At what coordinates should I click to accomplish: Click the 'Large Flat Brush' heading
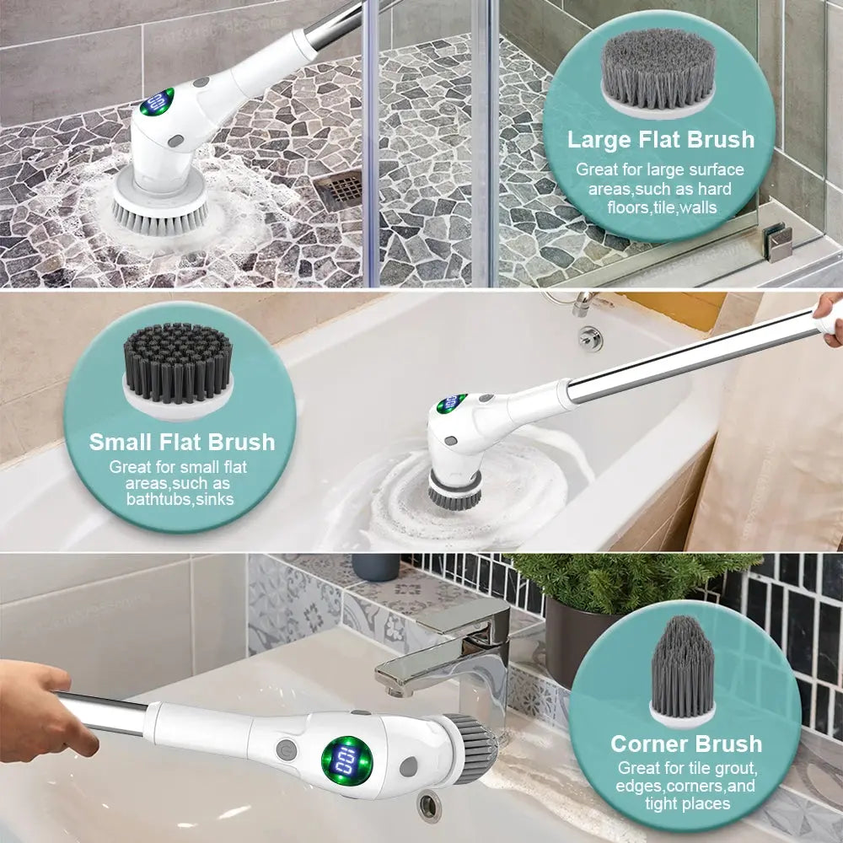660,139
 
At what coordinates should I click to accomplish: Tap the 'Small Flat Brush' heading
182,442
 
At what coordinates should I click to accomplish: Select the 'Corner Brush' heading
686,744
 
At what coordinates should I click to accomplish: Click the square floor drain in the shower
340,191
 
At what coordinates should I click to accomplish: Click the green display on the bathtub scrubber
452,403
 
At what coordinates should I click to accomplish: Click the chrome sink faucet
447,649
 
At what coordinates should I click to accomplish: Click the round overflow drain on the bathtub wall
590,338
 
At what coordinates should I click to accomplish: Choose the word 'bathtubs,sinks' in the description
180,500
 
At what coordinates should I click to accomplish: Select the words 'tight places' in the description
686,803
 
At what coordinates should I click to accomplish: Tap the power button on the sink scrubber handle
287,749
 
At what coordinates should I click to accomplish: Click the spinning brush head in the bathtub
454,491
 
